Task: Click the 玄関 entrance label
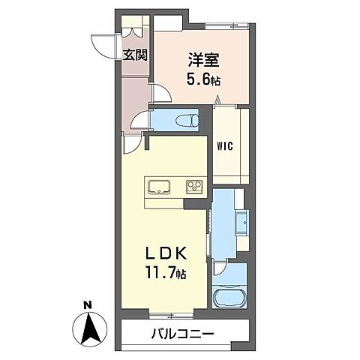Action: (x=136, y=55)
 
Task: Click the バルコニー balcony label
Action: (x=184, y=333)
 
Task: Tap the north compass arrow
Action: (x=88, y=328)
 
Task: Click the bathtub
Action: (x=228, y=298)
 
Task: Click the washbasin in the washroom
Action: (x=242, y=223)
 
